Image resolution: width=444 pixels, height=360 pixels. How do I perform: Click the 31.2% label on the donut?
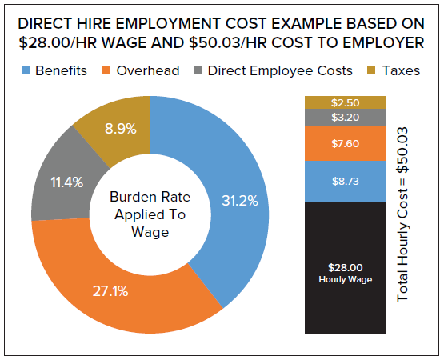pyautogui.click(x=240, y=201)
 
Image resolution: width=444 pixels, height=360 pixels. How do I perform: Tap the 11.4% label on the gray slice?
pyautogui.click(x=66, y=182)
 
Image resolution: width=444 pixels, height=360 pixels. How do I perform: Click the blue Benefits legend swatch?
pyautogui.click(x=23, y=70)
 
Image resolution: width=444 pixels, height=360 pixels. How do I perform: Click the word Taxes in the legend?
pyautogui.click(x=401, y=70)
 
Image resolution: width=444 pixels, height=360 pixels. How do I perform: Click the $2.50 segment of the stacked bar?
pyautogui.click(x=345, y=102)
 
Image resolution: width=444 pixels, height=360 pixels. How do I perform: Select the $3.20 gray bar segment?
pyautogui.click(x=345, y=117)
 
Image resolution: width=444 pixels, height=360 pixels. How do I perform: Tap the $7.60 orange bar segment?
pyautogui.click(x=345, y=143)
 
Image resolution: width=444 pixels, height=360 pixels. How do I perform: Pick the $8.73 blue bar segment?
pyautogui.click(x=345, y=181)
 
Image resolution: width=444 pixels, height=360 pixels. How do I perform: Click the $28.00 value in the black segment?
pyautogui.click(x=345, y=267)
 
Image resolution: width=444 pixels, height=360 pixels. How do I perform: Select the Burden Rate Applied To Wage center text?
pyautogui.click(x=150, y=214)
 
